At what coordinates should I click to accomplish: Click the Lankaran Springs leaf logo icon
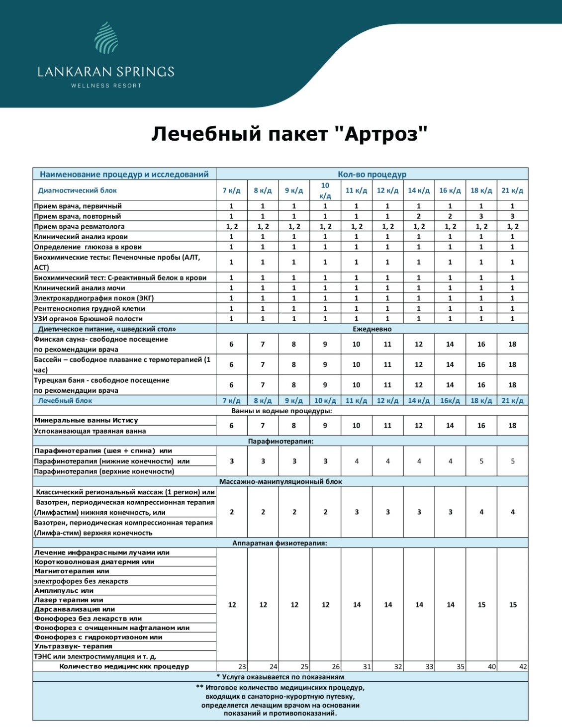[x=106, y=38]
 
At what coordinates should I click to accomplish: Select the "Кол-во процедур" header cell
[x=372, y=175]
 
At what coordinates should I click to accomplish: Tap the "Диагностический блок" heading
[x=77, y=190]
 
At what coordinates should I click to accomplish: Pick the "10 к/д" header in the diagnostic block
[x=325, y=190]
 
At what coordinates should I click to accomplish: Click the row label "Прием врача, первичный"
[x=78, y=206]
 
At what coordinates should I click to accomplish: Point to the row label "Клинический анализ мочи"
[x=79, y=288]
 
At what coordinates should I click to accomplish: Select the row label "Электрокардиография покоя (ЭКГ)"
[x=94, y=298]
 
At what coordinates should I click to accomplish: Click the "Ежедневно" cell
[x=372, y=329]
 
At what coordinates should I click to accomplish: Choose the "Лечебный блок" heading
[x=65, y=401]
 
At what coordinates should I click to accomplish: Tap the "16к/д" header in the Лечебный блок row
[x=450, y=401]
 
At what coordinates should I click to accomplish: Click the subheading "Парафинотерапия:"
[x=281, y=441]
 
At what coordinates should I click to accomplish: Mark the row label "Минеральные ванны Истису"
[x=86, y=421]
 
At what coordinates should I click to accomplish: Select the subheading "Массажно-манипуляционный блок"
[x=281, y=482]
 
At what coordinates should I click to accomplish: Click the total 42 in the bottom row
[x=523, y=667]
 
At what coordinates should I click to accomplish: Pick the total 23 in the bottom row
[x=242, y=667]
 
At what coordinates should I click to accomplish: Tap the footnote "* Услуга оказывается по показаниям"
[x=281, y=677]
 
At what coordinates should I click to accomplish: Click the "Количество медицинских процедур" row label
[x=124, y=666]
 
